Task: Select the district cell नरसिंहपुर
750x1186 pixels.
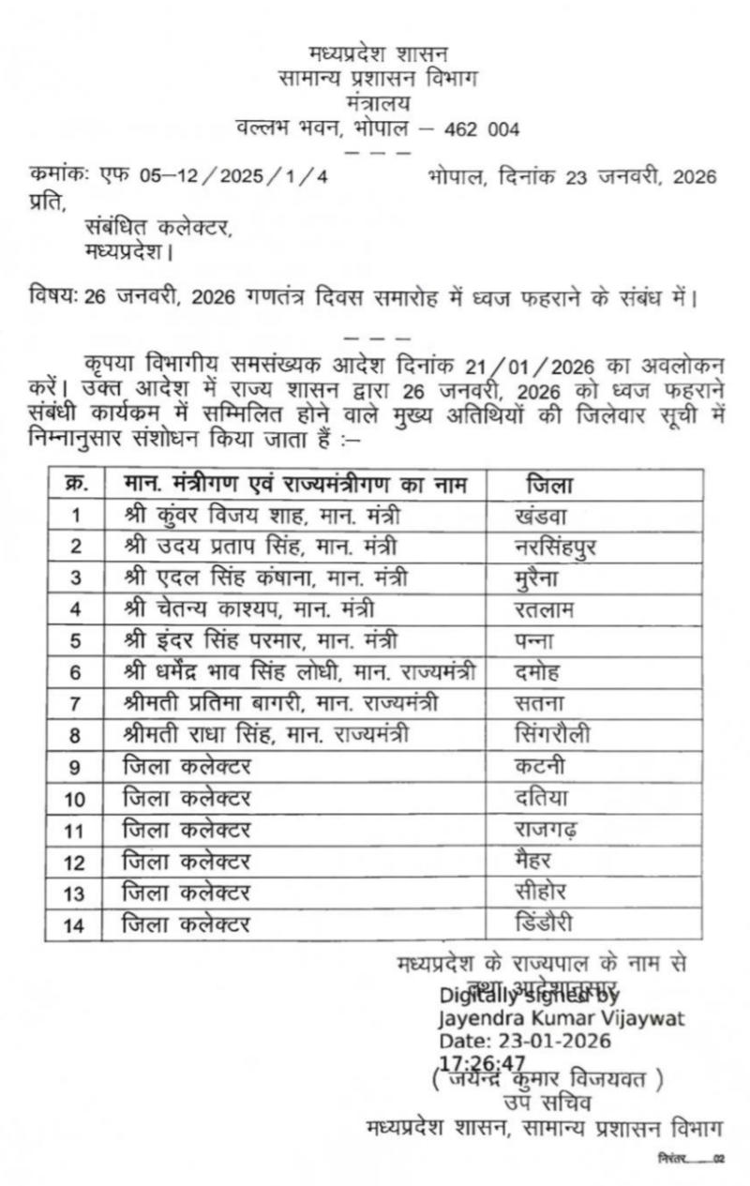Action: (556, 546)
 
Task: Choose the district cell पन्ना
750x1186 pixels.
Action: (536, 641)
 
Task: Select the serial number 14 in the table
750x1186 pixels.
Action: (75, 925)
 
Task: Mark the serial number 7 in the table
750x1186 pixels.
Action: (75, 704)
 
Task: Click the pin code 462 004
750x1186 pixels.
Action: (482, 128)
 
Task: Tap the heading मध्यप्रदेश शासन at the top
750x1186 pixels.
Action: (378, 53)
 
